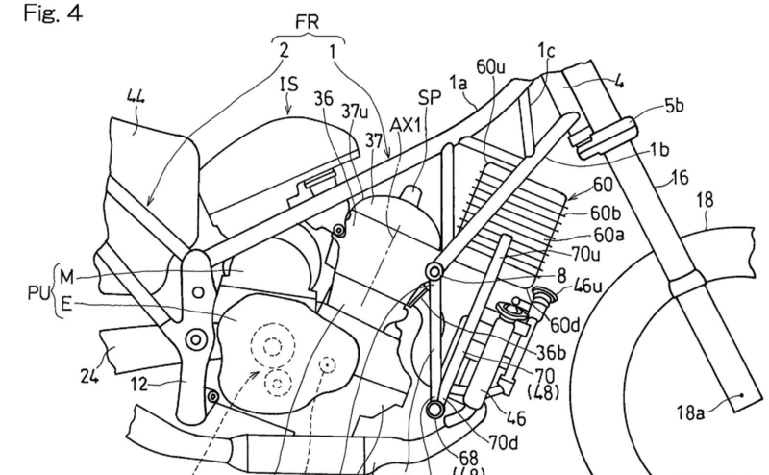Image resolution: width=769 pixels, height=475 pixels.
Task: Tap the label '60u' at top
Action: pos(490,66)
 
